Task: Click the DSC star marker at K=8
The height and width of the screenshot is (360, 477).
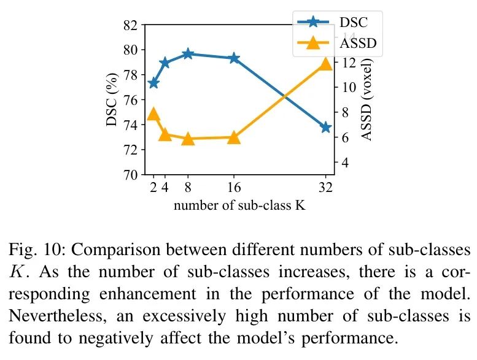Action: click(188, 54)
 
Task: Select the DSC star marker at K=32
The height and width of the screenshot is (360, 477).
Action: click(325, 128)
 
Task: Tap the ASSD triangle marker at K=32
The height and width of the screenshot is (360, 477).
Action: click(325, 64)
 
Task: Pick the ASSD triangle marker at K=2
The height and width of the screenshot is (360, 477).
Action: click(153, 113)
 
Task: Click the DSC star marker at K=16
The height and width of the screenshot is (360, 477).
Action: click(233, 58)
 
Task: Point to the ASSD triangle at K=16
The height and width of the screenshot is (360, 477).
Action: click(233, 137)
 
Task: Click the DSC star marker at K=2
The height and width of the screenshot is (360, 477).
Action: click(153, 83)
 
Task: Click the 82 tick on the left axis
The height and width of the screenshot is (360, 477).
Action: click(130, 25)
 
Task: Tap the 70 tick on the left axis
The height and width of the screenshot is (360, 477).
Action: click(130, 175)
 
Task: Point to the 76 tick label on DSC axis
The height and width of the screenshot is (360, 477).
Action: click(130, 100)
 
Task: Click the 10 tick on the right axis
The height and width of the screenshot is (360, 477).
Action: click(347, 88)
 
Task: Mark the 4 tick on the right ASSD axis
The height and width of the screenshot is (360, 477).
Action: click(344, 163)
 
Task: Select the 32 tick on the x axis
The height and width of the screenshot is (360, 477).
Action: click(325, 188)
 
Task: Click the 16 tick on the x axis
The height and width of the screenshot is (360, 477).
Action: click(233, 188)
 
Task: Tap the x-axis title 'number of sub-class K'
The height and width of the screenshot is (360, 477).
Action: click(239, 205)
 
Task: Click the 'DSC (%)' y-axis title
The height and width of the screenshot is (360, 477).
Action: click(112, 101)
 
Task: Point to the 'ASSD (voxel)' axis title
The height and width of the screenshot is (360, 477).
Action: click(367, 100)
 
